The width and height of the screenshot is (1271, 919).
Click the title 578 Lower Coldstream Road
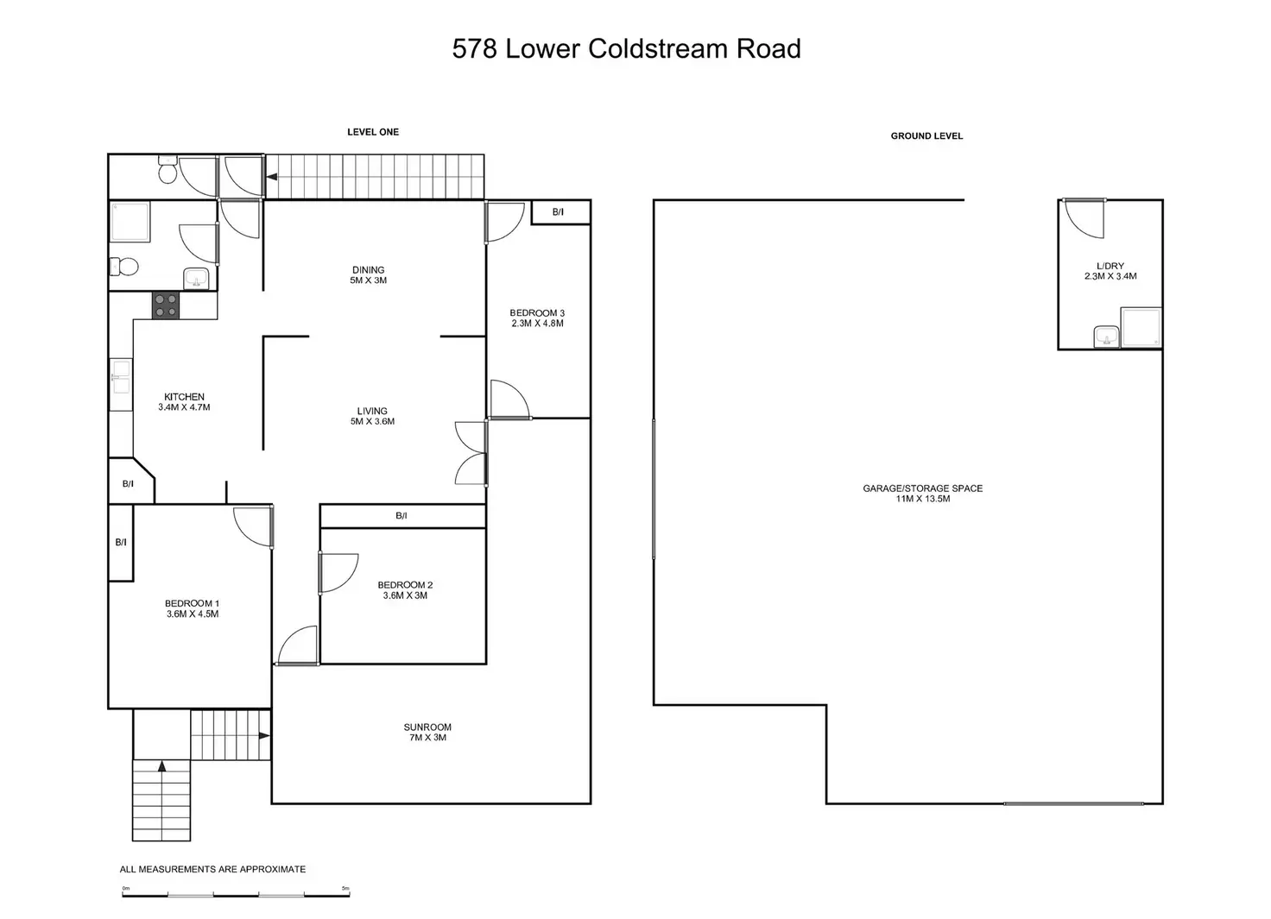626,49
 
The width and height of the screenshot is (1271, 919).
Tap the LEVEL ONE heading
373,132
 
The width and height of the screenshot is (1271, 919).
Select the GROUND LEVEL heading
926,136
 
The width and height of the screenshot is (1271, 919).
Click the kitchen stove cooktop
166,305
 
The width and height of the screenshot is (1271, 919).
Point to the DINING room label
368,275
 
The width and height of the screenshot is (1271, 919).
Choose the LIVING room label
372,416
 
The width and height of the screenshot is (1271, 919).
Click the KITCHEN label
184,402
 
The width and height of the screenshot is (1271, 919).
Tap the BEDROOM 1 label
193,608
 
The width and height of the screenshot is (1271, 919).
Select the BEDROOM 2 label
405,590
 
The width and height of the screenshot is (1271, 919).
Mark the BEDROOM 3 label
537,318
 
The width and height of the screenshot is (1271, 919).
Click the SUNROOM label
427,732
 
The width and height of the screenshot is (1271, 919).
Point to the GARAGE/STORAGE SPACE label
923,494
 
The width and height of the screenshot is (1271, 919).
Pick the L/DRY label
1110,271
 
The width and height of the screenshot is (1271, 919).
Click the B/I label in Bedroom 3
559,212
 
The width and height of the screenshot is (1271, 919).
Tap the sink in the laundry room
1106,337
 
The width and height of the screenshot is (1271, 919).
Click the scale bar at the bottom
236,895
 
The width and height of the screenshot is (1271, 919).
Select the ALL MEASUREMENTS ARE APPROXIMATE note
212,869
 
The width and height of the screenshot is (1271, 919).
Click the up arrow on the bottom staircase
161,766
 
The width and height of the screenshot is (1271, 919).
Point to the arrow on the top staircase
272,177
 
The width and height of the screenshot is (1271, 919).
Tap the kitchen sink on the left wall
120,385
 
